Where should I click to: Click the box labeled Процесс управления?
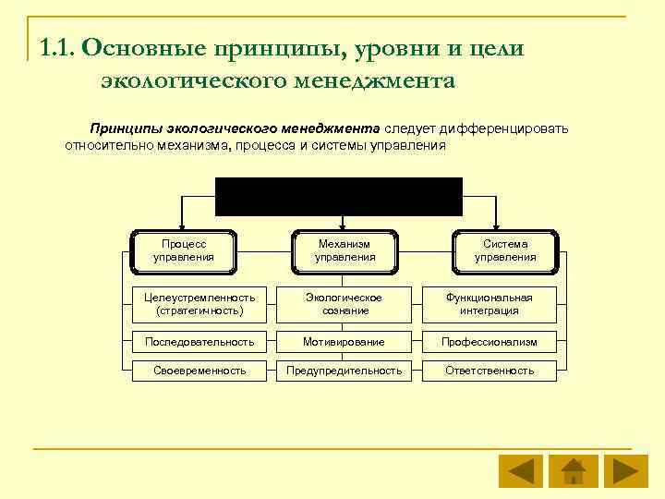click(x=183, y=249)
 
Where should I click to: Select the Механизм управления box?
click(x=345, y=249)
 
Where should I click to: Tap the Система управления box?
click(x=505, y=249)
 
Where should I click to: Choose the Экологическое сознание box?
click(x=345, y=304)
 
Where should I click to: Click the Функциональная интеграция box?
click(x=490, y=304)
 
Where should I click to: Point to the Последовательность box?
click(x=199, y=342)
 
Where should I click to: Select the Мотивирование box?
click(x=345, y=342)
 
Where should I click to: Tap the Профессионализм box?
click(x=490, y=342)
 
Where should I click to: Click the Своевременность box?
click(x=199, y=371)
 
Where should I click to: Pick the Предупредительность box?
click(x=345, y=371)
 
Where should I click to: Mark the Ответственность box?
click(x=490, y=371)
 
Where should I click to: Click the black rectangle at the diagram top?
click(x=338, y=196)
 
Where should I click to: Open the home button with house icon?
click(x=573, y=471)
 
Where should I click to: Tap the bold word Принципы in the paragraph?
click(x=120, y=128)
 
